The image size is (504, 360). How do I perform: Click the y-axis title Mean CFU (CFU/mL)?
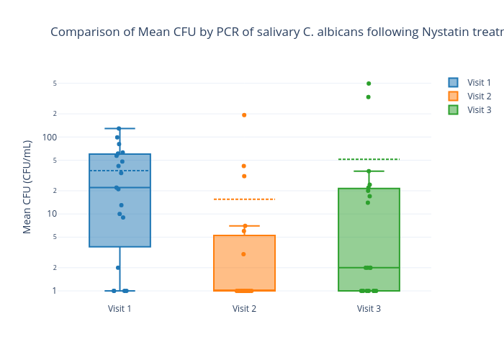coord(27,186)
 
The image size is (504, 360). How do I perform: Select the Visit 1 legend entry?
coord(479,83)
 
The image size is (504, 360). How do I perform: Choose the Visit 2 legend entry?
coord(479,96)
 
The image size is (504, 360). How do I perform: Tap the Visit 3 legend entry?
coord(479,110)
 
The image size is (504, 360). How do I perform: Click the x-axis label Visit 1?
coord(120,309)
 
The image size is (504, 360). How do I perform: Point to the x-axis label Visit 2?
coord(244,309)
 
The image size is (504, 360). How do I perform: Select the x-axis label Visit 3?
coord(369,309)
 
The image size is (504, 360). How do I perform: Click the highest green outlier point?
coord(369,84)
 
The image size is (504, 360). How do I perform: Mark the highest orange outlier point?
coord(244,115)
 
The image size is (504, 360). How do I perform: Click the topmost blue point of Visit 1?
coord(119,129)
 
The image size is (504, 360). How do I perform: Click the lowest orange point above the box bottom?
coord(243,254)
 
